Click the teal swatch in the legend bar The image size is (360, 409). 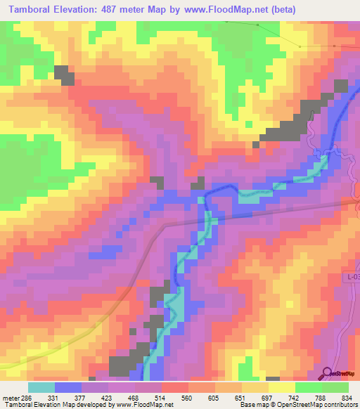pos(41,387)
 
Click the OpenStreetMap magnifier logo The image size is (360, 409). pos(327,373)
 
